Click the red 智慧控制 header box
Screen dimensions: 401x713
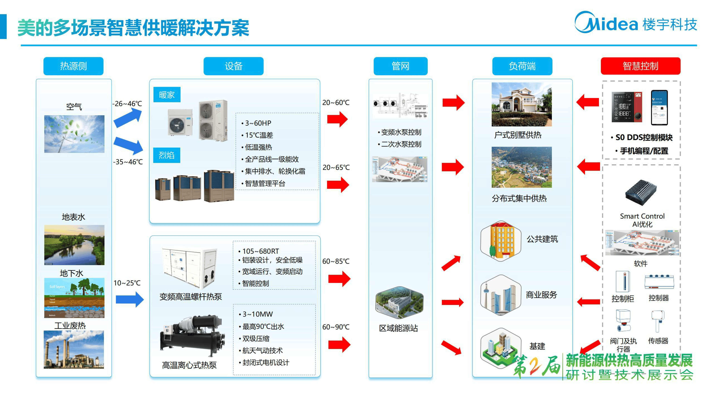[640, 66]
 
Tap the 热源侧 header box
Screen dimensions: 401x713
[73, 66]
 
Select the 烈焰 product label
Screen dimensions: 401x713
[167, 155]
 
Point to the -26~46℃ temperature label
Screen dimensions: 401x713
[127, 104]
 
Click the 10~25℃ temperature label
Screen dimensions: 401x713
[127, 283]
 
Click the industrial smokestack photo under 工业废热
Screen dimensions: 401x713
[74, 349]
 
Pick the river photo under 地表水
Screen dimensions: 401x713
[74, 245]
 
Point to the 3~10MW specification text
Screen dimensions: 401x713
[257, 314]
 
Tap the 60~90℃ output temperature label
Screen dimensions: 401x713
[336, 327]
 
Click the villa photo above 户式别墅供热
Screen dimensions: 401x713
[521, 104]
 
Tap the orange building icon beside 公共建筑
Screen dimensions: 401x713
[501, 241]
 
